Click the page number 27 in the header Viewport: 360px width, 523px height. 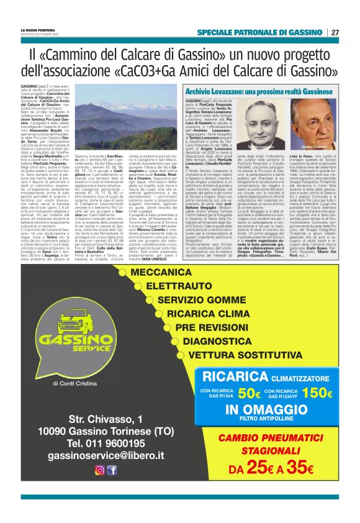point(335,32)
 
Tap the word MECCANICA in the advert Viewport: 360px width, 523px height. point(165,272)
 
